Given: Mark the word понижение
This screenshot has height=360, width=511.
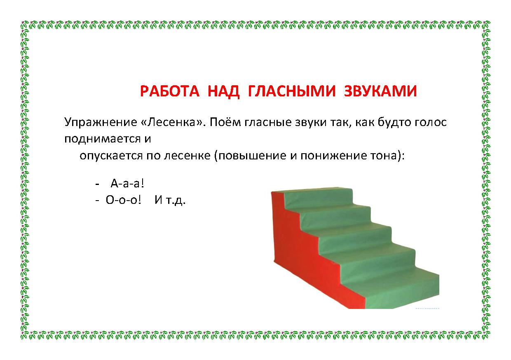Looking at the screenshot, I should tap(325, 157).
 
